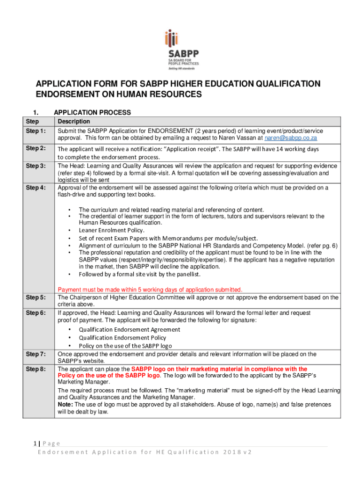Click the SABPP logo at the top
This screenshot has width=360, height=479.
[x=181, y=49]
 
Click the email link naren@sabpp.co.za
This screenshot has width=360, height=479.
[x=291, y=138]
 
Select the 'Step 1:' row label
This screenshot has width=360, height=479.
[x=35, y=131]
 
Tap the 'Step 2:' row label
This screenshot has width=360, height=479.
[x=35, y=148]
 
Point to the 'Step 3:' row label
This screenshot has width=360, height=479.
[x=35, y=166]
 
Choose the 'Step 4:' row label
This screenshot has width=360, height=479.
[x=35, y=188]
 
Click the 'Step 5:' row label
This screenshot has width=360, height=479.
[x=35, y=297]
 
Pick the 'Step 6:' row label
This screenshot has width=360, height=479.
[x=35, y=312]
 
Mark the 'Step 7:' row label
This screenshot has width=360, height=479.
[x=35, y=354]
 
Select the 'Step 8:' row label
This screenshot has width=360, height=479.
[x=35, y=369]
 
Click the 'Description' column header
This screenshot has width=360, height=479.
[x=74, y=122]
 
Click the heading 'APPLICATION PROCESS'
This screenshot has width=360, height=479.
[x=93, y=113]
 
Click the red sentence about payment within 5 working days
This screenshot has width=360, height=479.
[x=150, y=290]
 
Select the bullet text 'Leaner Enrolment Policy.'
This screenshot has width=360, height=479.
[x=112, y=230]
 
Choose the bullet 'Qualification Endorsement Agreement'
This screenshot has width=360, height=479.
[x=130, y=329]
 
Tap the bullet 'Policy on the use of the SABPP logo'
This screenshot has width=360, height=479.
[x=125, y=346]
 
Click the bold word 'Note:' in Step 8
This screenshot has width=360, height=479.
[x=65, y=404]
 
